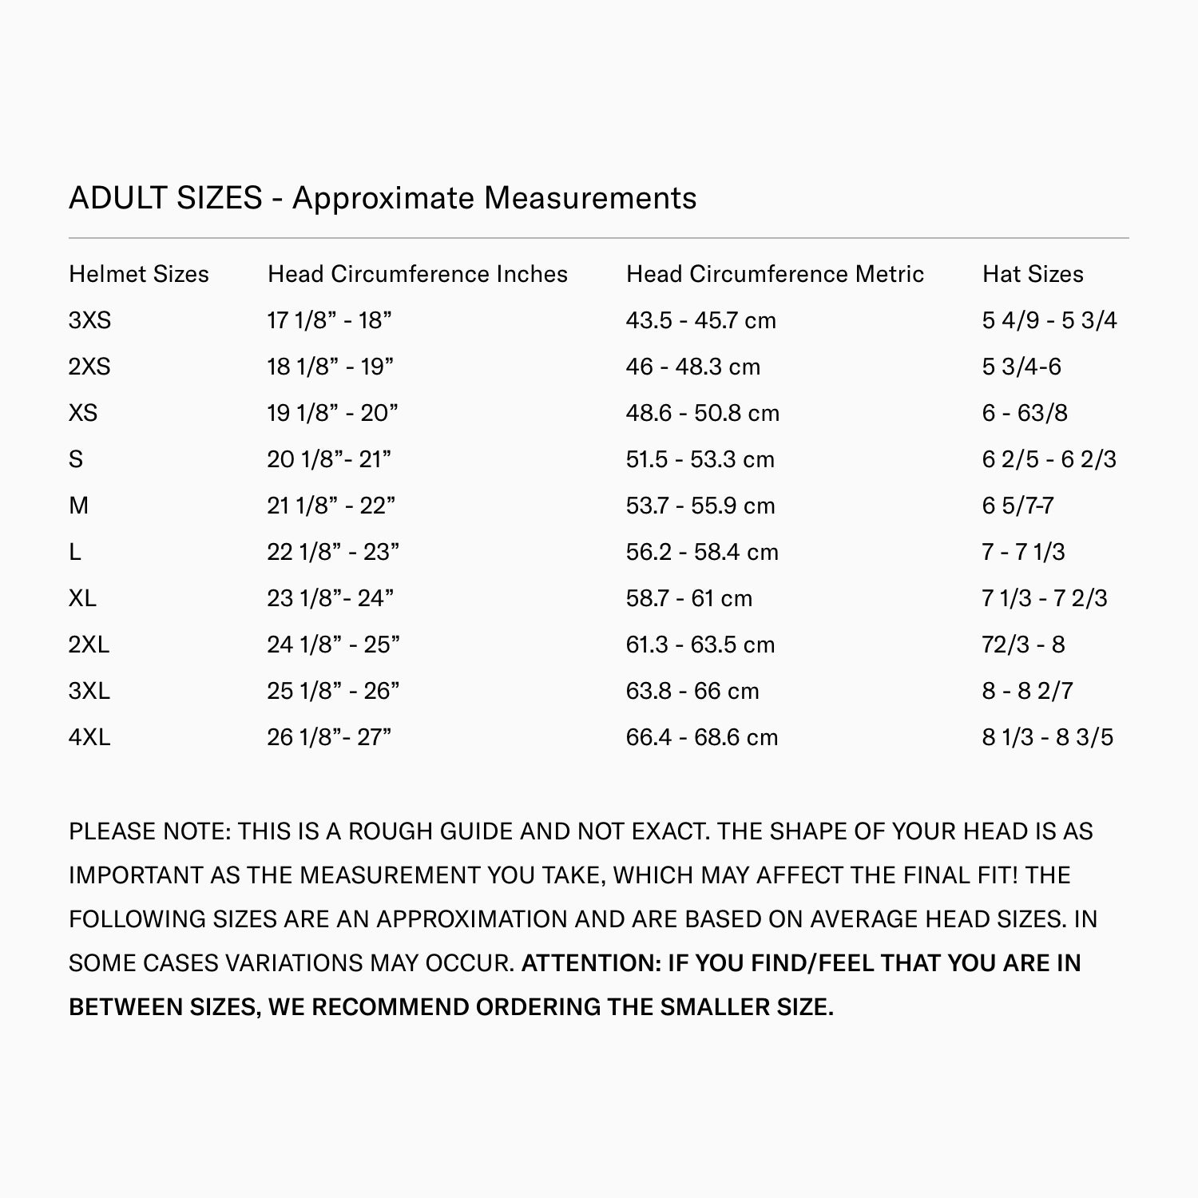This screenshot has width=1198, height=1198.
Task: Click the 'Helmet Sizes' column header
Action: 138,274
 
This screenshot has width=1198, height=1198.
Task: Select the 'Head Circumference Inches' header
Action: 417,274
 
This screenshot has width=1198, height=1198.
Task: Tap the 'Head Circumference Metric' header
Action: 775,274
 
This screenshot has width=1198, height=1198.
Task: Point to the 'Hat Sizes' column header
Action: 1033,274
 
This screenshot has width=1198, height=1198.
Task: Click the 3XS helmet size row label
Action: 89,320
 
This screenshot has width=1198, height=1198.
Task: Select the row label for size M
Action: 78,506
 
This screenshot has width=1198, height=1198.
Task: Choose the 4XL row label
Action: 89,737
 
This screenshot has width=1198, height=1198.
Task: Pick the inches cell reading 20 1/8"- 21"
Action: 329,459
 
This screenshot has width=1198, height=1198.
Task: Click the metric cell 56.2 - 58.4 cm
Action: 701,552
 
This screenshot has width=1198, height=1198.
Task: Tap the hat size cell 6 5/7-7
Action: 1018,506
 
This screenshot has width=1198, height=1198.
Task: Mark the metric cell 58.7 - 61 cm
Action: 688,598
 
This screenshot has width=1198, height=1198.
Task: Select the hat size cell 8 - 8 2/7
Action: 1027,691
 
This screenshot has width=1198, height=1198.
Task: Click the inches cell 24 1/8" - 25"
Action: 333,645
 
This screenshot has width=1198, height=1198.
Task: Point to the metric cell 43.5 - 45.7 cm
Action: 700,320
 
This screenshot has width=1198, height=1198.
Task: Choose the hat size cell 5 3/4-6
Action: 1021,367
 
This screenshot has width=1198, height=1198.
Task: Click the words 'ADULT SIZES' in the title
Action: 165,198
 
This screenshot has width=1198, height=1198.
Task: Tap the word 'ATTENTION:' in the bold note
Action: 590,963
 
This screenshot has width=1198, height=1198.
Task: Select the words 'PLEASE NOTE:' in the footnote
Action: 149,831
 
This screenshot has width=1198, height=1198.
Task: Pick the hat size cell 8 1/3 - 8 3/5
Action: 1047,737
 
